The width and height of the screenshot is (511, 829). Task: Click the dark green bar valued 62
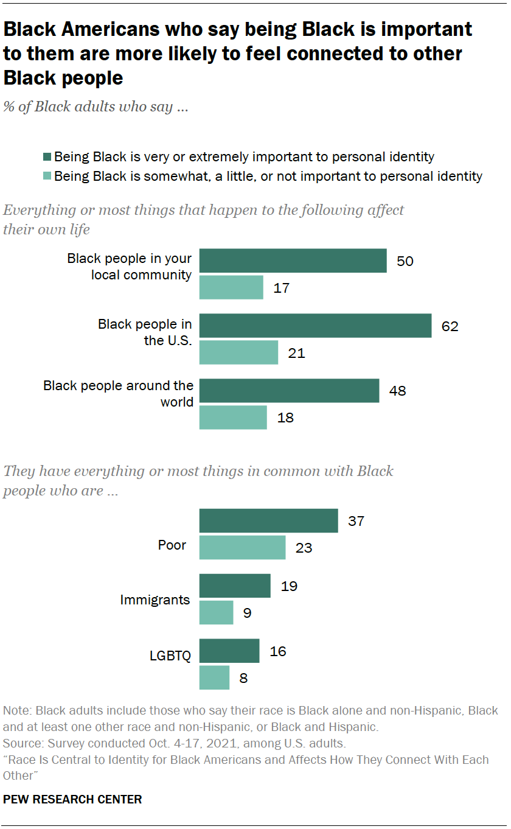pyautogui.click(x=315, y=326)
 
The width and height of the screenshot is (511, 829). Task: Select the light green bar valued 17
pyautogui.click(x=231, y=287)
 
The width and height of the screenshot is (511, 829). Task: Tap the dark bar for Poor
pyautogui.click(x=268, y=521)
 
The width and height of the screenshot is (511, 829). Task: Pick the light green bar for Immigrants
pyautogui.click(x=216, y=612)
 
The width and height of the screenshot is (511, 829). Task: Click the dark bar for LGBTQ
pyautogui.click(x=229, y=651)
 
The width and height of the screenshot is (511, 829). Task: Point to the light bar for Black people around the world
pyautogui.click(x=233, y=418)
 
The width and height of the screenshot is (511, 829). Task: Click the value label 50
pyautogui.click(x=405, y=261)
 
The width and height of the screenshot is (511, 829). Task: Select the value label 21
pyautogui.click(x=296, y=353)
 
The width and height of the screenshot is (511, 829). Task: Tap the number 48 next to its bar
pyautogui.click(x=397, y=391)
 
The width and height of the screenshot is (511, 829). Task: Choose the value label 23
pyautogui.click(x=304, y=548)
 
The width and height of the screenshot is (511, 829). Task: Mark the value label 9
pyautogui.click(x=247, y=613)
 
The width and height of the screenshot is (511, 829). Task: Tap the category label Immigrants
pyautogui.click(x=155, y=600)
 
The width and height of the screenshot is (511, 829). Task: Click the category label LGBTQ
pyautogui.click(x=170, y=656)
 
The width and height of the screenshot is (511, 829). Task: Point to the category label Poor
pyautogui.click(x=172, y=545)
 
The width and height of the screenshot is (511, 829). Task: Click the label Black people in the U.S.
pyautogui.click(x=145, y=332)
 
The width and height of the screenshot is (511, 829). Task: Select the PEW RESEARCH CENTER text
pyautogui.click(x=72, y=800)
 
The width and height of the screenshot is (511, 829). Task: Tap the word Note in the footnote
pyautogui.click(x=16, y=711)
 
